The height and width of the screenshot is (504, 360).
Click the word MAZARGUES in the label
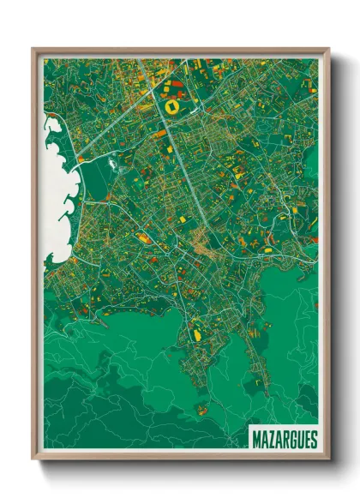(285, 440)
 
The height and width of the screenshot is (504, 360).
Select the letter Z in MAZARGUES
(271, 440)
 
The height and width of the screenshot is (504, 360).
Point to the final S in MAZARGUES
(313, 440)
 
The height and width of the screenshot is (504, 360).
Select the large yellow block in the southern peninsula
(196, 327)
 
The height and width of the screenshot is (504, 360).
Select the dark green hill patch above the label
(283, 394)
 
